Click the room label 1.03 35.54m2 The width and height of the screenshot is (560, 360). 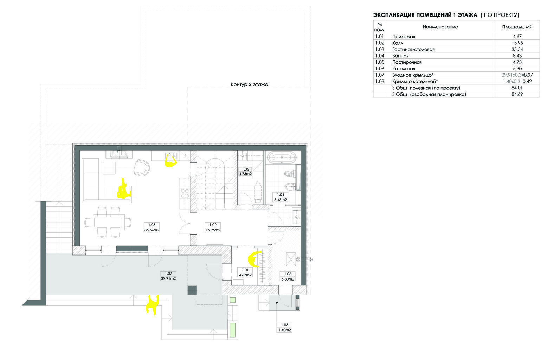click(x=152, y=227)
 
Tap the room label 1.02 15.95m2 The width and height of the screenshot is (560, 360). click(x=213, y=227)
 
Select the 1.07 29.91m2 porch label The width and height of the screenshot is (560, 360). click(x=168, y=276)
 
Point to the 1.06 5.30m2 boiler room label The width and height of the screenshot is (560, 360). click(x=288, y=276)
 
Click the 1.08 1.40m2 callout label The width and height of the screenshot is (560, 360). click(x=284, y=328)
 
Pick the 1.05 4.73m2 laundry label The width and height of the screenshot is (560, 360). click(x=245, y=172)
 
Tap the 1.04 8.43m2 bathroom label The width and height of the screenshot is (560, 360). click(x=281, y=197)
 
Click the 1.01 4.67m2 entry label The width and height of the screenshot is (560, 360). click(x=245, y=272)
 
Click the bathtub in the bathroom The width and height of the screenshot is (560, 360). click(x=282, y=157)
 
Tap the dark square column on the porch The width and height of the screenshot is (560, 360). click(x=192, y=290)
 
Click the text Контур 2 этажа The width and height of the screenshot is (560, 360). click(x=249, y=84)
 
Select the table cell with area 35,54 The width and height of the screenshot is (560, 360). click(x=517, y=49)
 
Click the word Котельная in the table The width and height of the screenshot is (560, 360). click(x=404, y=69)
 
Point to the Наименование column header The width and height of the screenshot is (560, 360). click(x=440, y=27)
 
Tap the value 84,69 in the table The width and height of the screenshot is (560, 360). click(x=517, y=94)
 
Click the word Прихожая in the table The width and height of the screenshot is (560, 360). click(x=404, y=37)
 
